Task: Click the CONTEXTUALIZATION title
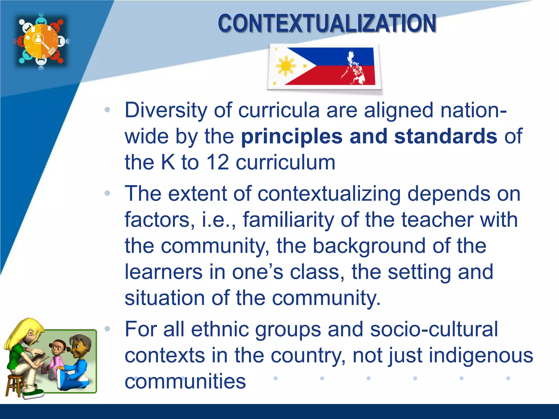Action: click(x=327, y=24)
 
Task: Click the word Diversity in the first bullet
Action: click(x=166, y=110)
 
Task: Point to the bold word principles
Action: click(x=292, y=136)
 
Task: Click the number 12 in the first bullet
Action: click(x=218, y=163)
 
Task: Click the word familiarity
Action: click(x=288, y=220)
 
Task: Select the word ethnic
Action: click(x=220, y=330)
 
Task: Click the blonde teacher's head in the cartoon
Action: click(x=30, y=333)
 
